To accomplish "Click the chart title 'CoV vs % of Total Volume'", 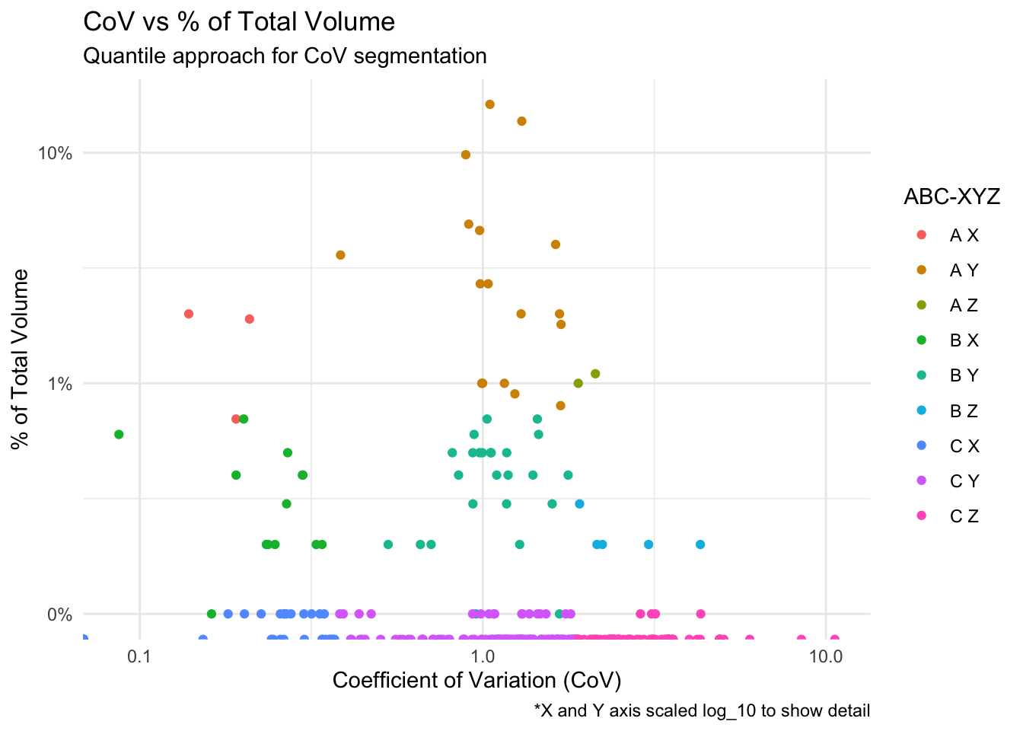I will click(238, 21).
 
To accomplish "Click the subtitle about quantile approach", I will click(284, 56).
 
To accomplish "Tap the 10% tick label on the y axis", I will click(56, 153).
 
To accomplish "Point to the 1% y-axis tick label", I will click(60, 384).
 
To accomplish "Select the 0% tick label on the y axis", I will click(60, 614).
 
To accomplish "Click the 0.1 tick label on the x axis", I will click(139, 656).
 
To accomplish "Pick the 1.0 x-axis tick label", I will click(482, 656).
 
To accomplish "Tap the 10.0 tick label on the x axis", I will click(827, 656).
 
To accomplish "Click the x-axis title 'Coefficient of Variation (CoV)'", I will click(477, 680).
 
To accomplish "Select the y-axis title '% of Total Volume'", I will click(21, 359).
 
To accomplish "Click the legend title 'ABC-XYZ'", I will click(951, 196).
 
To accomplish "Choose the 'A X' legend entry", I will click(964, 235).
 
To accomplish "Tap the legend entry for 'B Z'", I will click(964, 411).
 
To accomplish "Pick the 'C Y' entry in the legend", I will click(964, 481).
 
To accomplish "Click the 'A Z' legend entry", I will click(964, 305).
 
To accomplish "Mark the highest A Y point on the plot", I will click(490, 104).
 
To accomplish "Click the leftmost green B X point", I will click(119, 434).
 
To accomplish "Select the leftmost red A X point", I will click(189, 314).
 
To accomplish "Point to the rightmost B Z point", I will click(700, 544).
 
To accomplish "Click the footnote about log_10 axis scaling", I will click(702, 711).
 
